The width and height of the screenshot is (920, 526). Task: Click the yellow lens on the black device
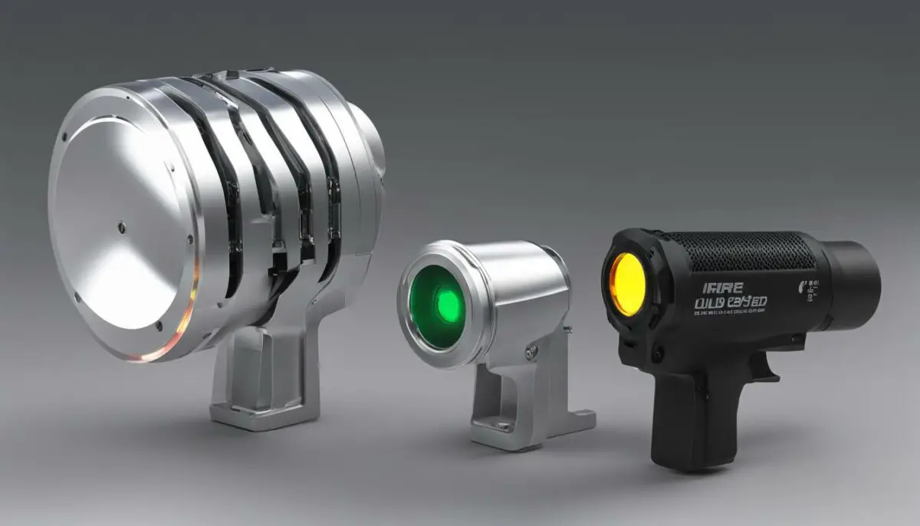point(628,284)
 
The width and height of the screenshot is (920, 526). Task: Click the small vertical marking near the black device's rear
point(810,291)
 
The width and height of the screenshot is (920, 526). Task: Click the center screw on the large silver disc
point(122,227)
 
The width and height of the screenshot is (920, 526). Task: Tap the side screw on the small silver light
point(531,353)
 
